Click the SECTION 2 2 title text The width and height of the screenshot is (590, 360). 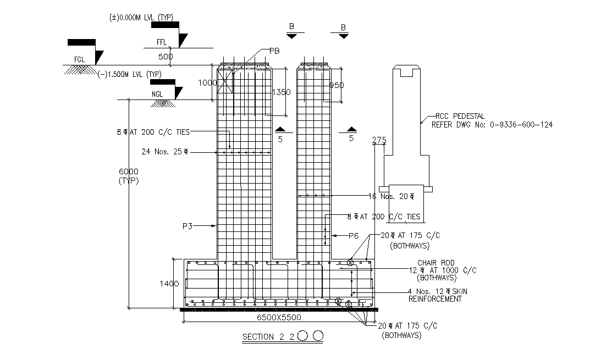(x=268, y=337)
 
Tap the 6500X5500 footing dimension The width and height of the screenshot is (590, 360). (x=279, y=317)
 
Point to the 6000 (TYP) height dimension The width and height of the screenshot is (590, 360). (x=127, y=176)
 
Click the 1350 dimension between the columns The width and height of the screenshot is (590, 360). (x=281, y=92)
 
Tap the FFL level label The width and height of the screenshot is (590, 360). (x=161, y=42)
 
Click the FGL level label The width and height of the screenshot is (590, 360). (x=80, y=59)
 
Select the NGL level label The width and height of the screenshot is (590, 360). (x=157, y=94)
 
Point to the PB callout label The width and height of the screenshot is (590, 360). (x=274, y=51)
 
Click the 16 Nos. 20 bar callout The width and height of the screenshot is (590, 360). (x=391, y=196)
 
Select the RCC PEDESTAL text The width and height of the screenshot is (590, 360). (x=460, y=116)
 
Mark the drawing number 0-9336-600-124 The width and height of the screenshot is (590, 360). (x=519, y=125)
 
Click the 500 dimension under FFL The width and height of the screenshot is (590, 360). (x=166, y=56)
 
